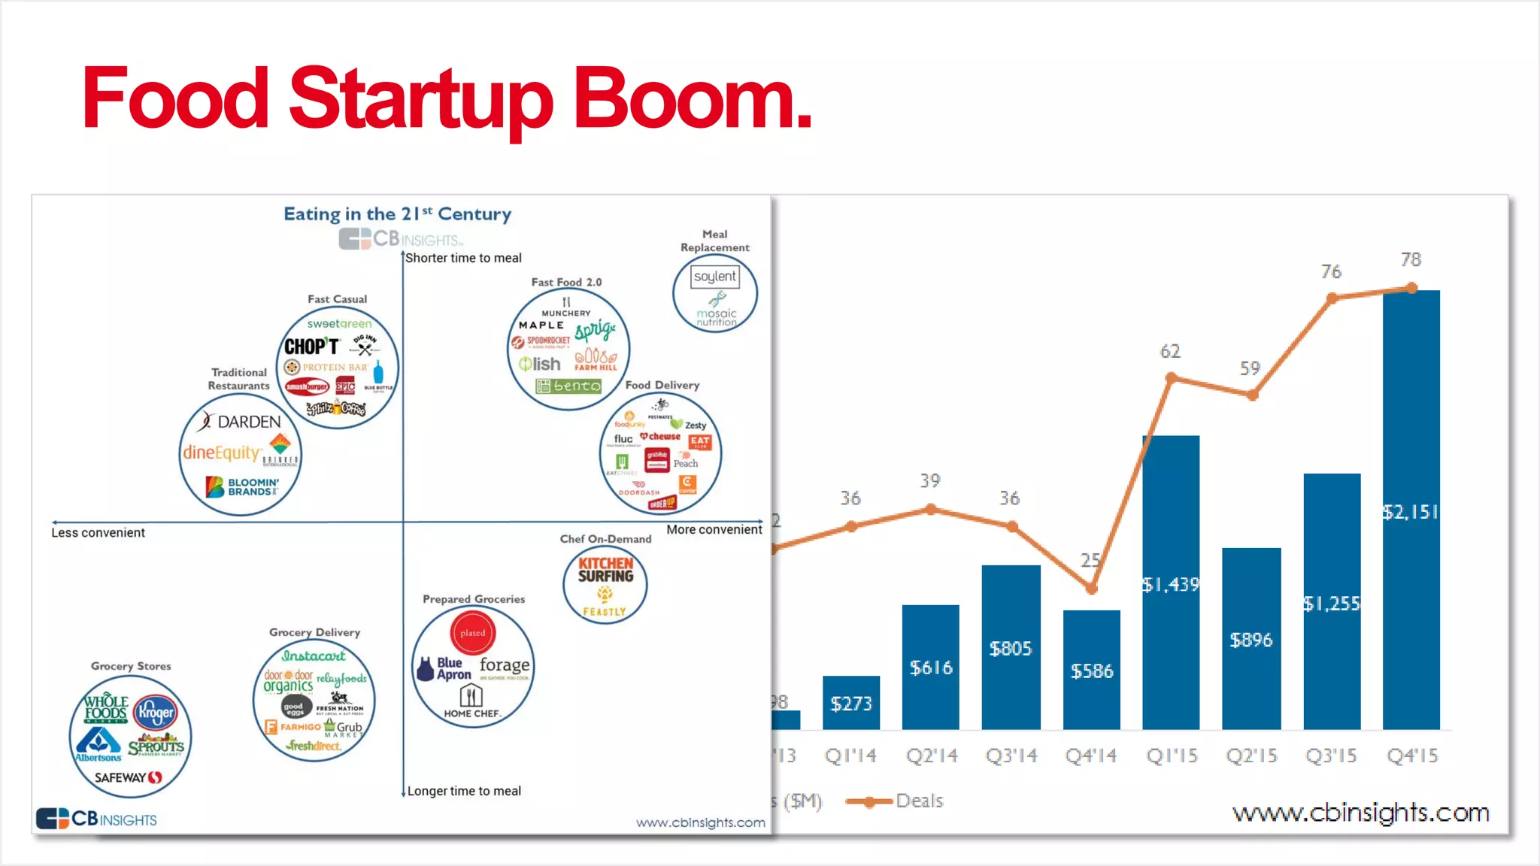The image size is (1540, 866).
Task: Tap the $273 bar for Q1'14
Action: [851, 703]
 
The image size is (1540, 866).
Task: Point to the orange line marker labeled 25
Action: [1091, 589]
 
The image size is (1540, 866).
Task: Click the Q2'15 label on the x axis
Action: [1251, 755]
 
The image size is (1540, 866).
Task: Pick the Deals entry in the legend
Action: [918, 801]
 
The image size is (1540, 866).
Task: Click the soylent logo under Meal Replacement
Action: [714, 277]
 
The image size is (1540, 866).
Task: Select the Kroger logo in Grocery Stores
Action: [155, 711]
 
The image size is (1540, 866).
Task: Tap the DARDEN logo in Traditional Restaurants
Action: [241, 422]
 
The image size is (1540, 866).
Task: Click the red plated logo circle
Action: [473, 633]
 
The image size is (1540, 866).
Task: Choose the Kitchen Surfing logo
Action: [605, 570]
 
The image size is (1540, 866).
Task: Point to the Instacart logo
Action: [314, 656]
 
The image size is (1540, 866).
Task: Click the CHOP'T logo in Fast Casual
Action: [311, 347]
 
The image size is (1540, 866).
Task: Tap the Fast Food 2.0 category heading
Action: [566, 282]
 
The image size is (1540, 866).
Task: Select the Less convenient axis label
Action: [98, 533]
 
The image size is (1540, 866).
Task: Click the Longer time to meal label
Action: [464, 791]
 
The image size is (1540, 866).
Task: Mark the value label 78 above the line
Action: [1411, 260]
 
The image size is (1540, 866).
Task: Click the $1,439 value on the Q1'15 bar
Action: [1171, 585]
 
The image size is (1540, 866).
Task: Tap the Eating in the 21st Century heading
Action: [397, 214]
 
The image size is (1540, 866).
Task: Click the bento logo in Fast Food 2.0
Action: [568, 386]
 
